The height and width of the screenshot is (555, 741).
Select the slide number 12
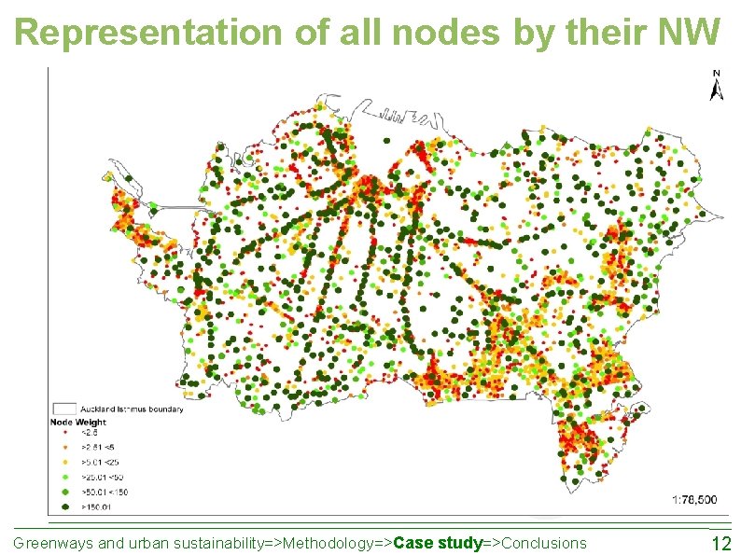pos(720,544)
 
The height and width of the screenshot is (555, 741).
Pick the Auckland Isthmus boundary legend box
pos(63,409)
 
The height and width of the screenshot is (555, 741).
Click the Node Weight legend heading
pos(77,423)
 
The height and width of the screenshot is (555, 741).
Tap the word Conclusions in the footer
pos(544,544)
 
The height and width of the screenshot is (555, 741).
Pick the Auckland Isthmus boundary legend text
pos(132,409)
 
